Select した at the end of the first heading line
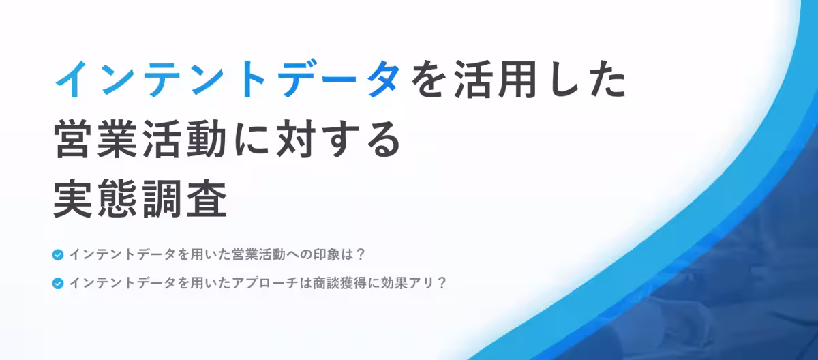[589, 80]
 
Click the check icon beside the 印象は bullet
[58, 256]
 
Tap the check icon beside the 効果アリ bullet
[58, 283]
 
